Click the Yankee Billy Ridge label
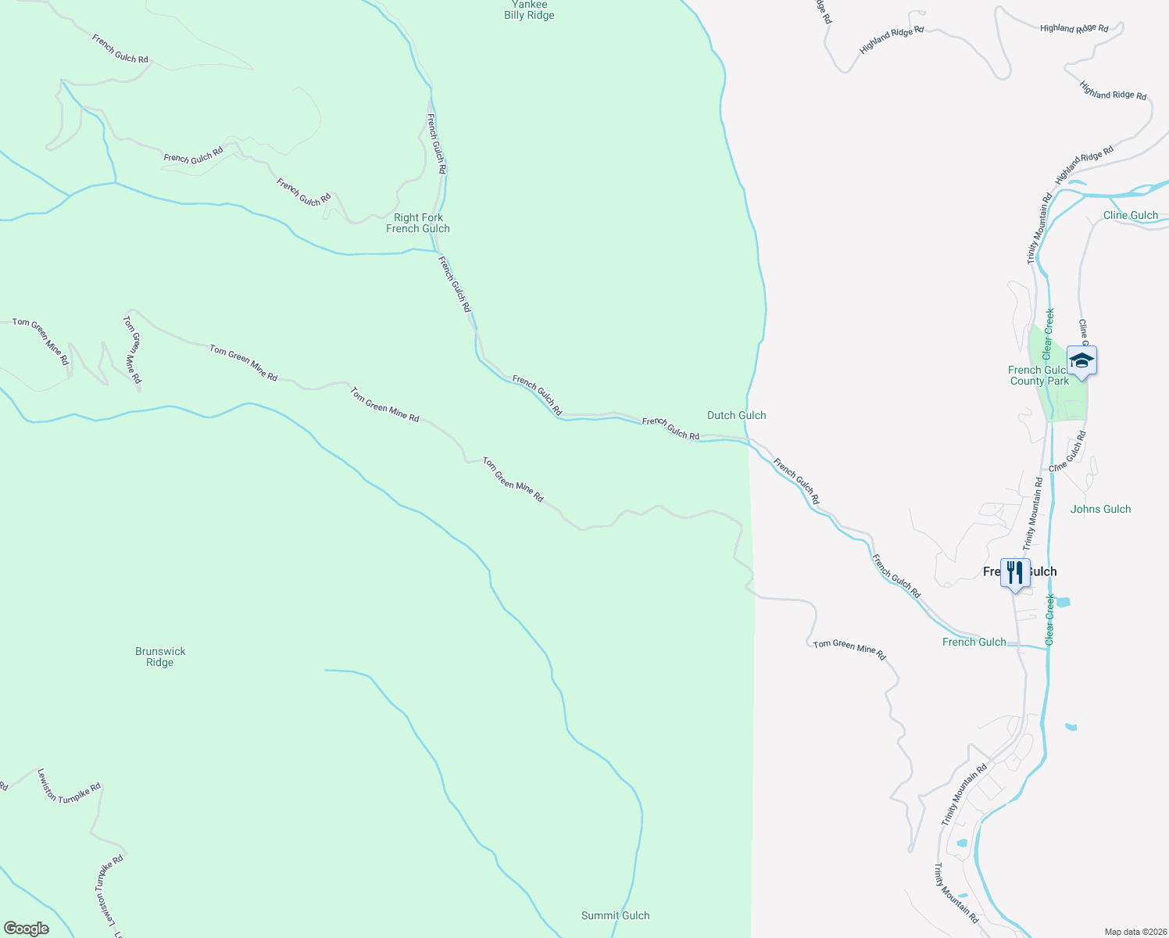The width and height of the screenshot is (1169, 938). (x=529, y=10)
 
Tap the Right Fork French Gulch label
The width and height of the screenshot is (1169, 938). (x=418, y=223)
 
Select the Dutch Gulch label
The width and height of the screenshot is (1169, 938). (x=736, y=415)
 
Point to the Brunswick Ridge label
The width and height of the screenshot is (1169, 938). (x=160, y=657)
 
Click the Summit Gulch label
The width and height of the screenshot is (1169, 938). (x=615, y=915)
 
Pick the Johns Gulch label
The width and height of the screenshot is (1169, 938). (x=1100, y=509)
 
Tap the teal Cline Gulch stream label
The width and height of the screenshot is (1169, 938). (x=1130, y=215)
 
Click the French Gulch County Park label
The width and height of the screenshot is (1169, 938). (x=1039, y=375)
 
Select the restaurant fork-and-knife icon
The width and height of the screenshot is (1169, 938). (x=1014, y=573)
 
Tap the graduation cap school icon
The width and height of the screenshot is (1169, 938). (x=1081, y=361)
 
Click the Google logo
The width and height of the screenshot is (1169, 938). (x=27, y=929)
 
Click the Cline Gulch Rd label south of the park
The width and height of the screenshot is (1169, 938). (x=1068, y=451)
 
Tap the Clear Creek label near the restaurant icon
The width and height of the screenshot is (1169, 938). (x=1050, y=619)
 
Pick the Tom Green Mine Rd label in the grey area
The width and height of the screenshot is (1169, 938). (x=849, y=649)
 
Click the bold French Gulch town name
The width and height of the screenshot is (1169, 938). (x=1020, y=571)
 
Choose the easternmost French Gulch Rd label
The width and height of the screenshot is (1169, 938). (x=896, y=576)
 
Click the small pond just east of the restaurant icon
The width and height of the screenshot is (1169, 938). (x=1063, y=603)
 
